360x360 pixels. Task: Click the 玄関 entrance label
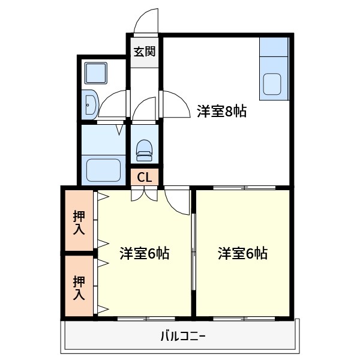(144, 52)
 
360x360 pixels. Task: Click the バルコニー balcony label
(182, 336)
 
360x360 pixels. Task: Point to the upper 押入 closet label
(79, 222)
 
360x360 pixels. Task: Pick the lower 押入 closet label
(79, 288)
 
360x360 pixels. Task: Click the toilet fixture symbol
(145, 150)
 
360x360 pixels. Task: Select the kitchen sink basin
(274, 85)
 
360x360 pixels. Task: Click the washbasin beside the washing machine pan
(90, 104)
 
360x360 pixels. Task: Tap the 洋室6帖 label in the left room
(144, 253)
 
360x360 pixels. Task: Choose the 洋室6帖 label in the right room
(242, 253)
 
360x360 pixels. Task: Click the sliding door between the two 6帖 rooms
(193, 252)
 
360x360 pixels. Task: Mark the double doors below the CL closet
(145, 193)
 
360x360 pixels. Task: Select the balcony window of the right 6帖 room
(244, 317)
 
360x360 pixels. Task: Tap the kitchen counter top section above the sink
(274, 55)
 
